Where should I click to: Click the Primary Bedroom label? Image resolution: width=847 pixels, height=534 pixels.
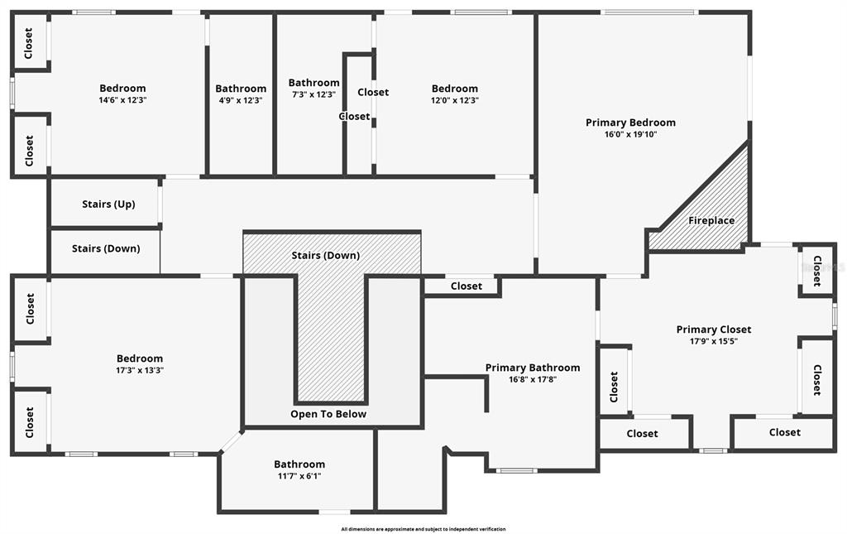(x=630, y=123)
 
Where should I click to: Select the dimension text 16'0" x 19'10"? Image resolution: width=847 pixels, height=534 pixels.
(x=630, y=134)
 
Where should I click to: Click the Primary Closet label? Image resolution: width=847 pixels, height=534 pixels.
(x=713, y=330)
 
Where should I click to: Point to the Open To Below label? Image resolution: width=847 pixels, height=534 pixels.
(x=328, y=414)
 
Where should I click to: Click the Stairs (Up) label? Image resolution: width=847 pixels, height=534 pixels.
(x=108, y=204)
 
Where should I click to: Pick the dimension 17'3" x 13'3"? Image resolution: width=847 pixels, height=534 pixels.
(x=140, y=370)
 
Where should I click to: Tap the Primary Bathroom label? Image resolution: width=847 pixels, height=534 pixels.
(x=532, y=368)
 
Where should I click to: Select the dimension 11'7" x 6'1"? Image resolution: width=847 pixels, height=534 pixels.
(x=299, y=476)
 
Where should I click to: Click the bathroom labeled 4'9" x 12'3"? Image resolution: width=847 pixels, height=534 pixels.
(x=241, y=89)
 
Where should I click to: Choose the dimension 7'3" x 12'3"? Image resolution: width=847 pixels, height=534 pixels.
(x=313, y=94)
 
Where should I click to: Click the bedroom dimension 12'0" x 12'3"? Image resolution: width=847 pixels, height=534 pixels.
(x=454, y=100)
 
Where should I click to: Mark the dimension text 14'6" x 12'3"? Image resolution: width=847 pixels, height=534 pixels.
(x=122, y=100)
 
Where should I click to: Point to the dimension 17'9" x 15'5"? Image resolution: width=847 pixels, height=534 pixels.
(x=713, y=341)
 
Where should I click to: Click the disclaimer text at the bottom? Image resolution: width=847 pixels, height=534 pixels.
(x=423, y=529)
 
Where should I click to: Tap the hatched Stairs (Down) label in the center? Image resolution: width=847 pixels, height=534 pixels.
(x=325, y=255)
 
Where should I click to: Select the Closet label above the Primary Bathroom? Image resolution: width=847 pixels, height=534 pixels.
(x=466, y=286)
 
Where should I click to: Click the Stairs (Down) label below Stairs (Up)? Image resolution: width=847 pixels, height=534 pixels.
(x=106, y=248)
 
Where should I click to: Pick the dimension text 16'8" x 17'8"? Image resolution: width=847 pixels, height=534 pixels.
(x=532, y=379)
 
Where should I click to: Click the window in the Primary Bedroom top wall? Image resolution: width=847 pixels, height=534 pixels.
(x=649, y=12)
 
